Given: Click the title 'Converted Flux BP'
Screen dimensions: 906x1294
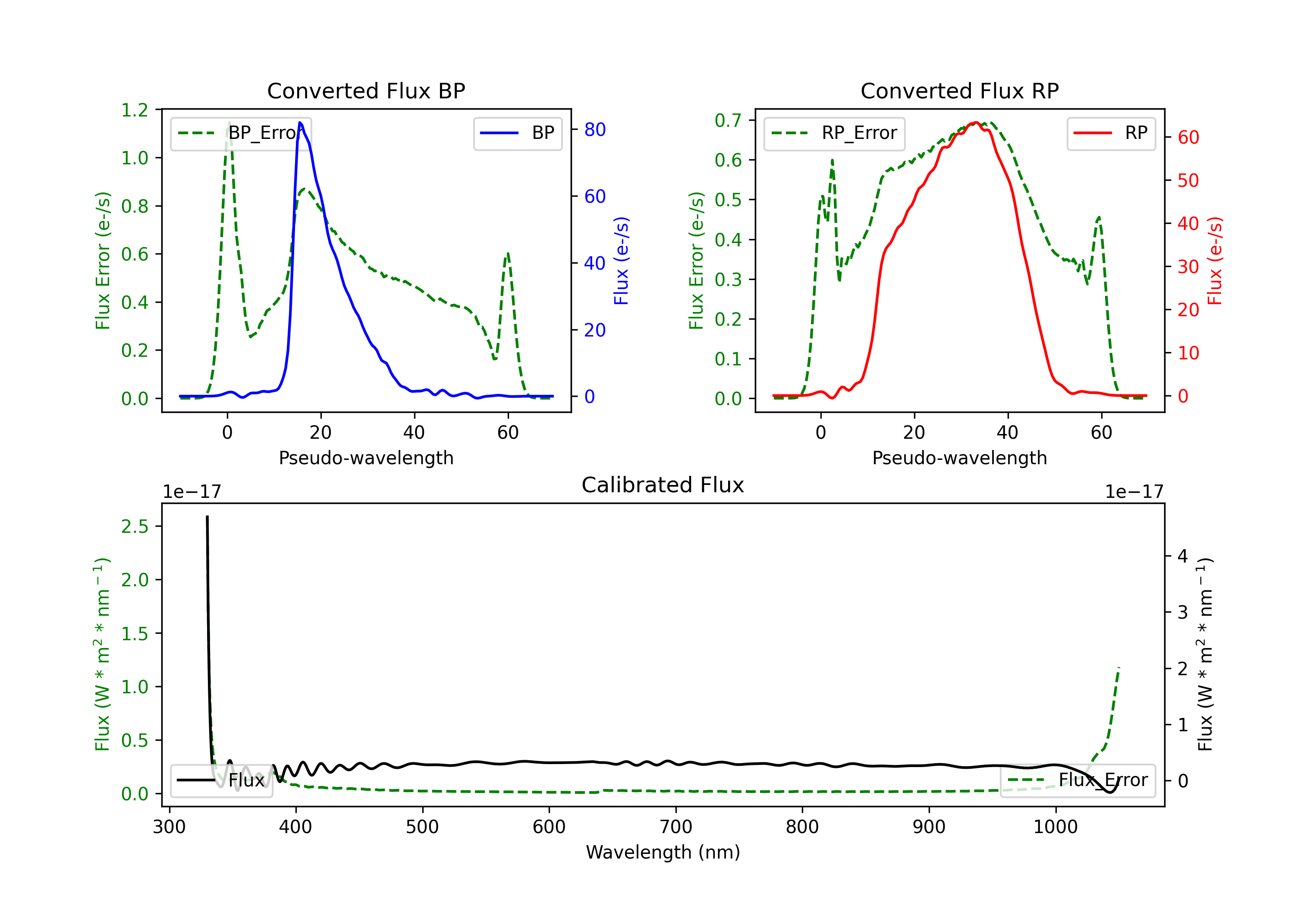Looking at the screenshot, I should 366,91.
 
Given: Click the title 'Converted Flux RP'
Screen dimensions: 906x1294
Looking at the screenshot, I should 959,91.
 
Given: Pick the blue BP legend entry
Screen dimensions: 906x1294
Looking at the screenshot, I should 517,133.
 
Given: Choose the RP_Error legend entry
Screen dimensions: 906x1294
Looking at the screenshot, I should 834,133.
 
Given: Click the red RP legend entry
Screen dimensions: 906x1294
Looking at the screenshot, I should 1111,133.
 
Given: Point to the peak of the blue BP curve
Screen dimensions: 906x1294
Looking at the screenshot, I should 300,123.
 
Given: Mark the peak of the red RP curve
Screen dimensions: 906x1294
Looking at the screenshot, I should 976,123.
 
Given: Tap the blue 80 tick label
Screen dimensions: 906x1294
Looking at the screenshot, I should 594,130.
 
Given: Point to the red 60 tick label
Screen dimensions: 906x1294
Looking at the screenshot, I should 1188,138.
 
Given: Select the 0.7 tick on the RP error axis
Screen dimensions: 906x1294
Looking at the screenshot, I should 728,120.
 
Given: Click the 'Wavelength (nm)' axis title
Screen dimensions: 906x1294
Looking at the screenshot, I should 663,852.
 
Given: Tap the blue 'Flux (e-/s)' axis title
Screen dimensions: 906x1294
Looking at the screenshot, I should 621,261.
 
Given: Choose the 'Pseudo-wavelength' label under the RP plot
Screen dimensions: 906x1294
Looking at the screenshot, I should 959,458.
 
